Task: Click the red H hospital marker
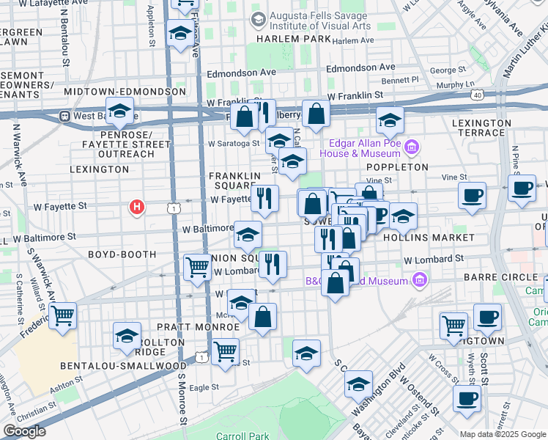coord(136,208)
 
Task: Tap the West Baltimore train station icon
coord(64,116)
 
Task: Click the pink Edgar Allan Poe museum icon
coord(412,148)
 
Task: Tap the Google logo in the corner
coord(24,431)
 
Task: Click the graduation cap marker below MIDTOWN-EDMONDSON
coord(118,112)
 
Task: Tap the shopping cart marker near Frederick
coord(63,316)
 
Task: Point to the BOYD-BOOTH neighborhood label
coord(122,254)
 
